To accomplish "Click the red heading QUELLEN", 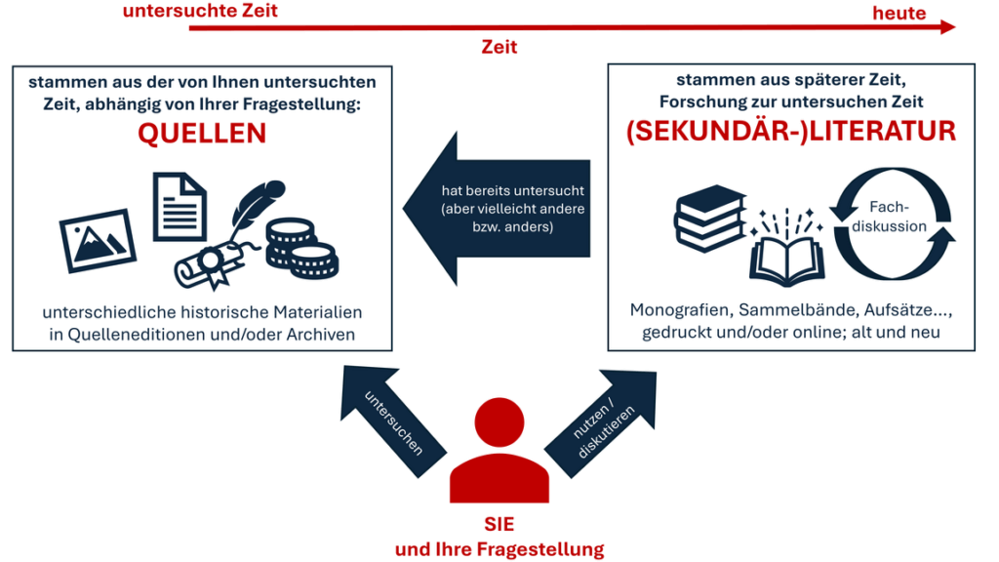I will point(201,134).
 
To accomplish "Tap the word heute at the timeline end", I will point(899,13).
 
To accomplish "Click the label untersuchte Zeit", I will point(199,11).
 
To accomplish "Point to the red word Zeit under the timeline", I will point(499,46).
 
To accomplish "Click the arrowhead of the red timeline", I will point(947,28).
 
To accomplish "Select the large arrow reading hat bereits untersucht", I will point(498,209).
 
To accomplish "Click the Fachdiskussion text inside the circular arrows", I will point(894,217).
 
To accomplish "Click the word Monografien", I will point(682,310).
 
